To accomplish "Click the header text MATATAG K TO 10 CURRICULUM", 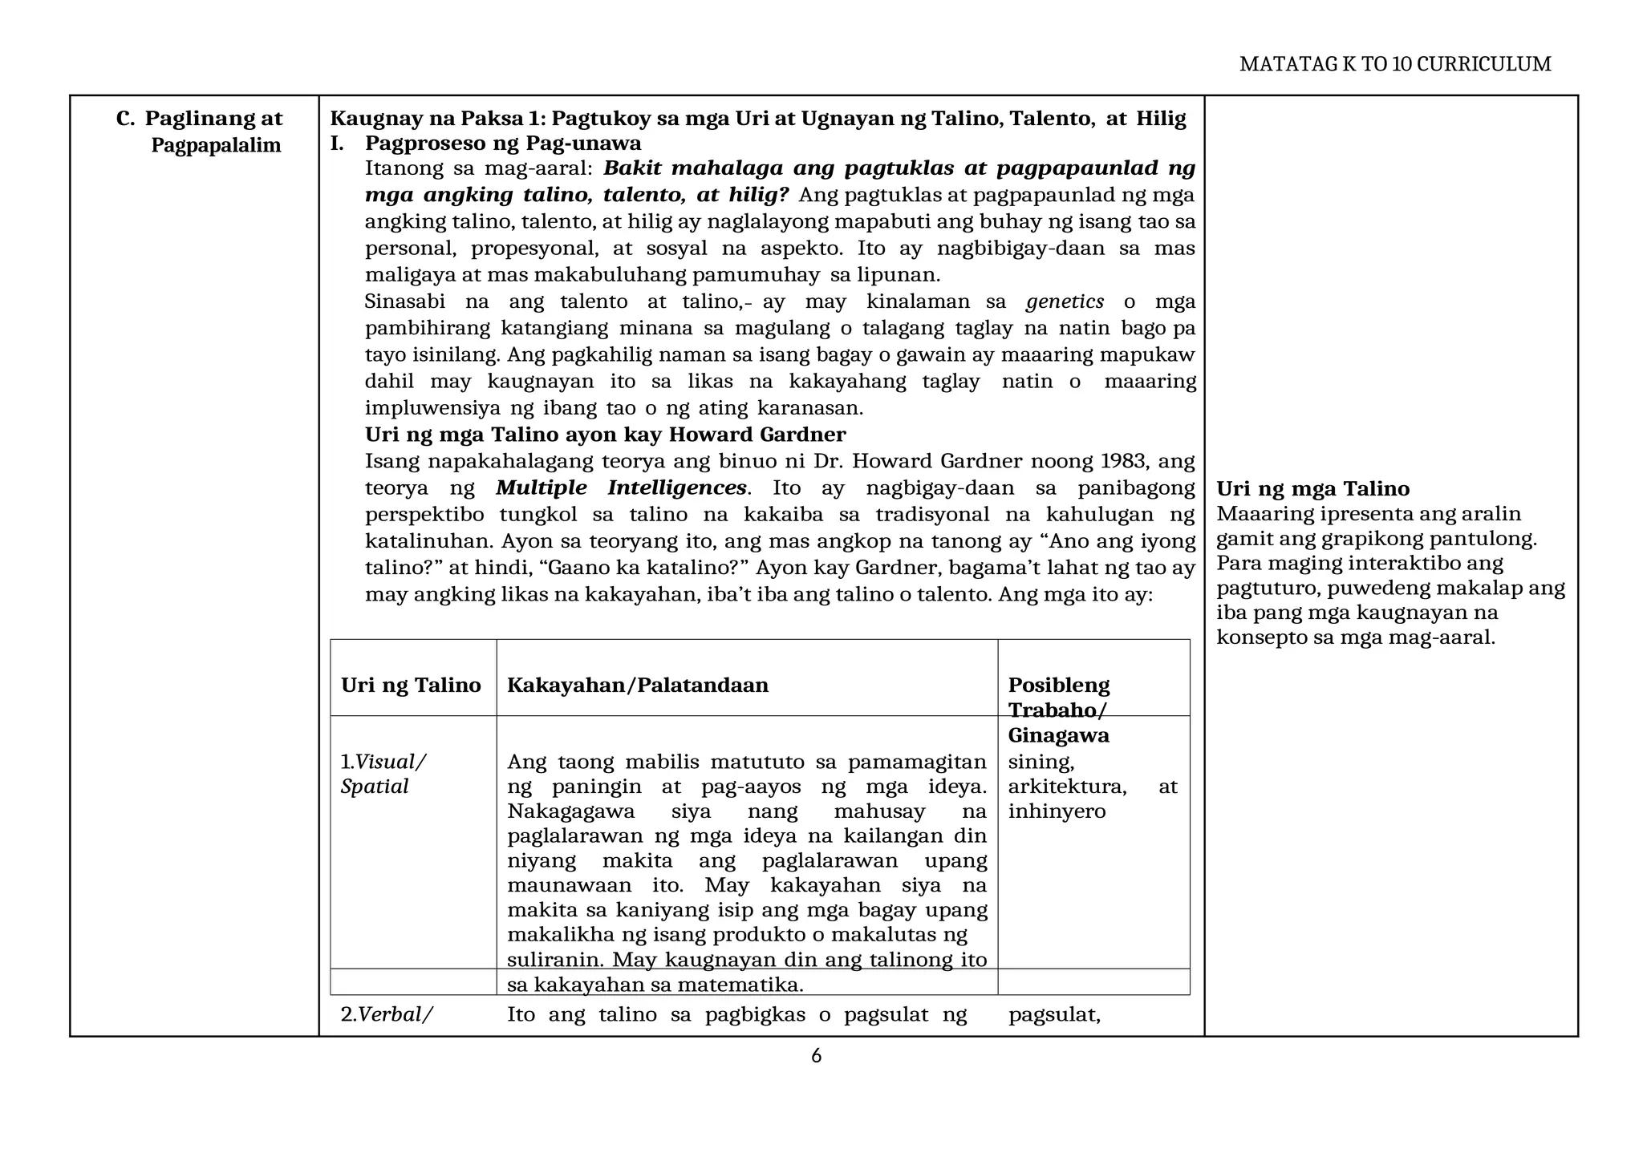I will click(1394, 64).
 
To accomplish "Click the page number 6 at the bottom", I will click(816, 1057).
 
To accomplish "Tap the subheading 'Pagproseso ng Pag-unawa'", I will click(503, 144).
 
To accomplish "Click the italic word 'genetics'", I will click(1065, 302).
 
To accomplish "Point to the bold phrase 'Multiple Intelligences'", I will click(621, 488).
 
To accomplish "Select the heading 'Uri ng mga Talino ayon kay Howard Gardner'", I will click(605, 435).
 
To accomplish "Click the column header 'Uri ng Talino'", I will click(411, 686).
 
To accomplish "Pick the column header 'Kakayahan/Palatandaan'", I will click(638, 686).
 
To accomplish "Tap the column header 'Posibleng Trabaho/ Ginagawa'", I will click(1059, 710).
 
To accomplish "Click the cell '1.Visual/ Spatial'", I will click(383, 774).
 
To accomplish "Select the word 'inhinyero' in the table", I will click(1057, 811).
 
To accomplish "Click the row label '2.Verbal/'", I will click(387, 1015).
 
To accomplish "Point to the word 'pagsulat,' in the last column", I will click(1053, 1015).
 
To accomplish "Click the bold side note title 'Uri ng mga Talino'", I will click(1312, 489).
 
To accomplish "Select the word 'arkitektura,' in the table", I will click(1067, 787).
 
